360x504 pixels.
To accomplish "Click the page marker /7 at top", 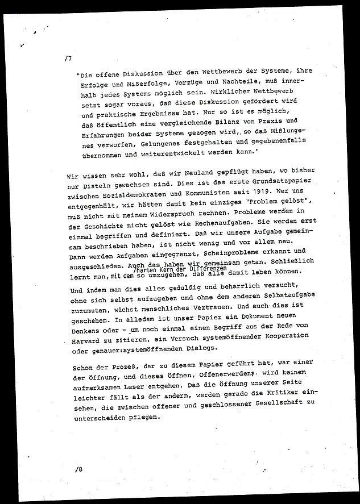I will (x=69, y=58).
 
